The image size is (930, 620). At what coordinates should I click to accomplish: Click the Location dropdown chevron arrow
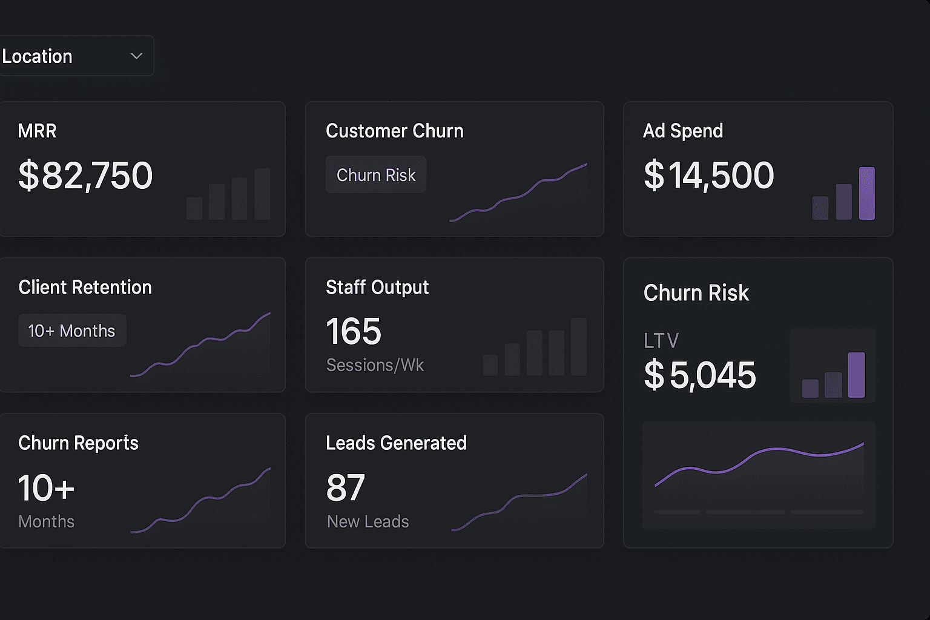[136, 56]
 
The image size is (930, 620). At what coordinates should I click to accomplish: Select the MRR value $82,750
[85, 176]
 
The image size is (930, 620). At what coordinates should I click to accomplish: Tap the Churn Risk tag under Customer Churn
[376, 175]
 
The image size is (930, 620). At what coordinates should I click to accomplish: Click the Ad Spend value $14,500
[708, 176]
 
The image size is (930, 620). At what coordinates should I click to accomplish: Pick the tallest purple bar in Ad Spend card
[866, 193]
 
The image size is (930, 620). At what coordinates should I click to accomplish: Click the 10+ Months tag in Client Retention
[72, 331]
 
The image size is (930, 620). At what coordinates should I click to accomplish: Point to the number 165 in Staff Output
[354, 332]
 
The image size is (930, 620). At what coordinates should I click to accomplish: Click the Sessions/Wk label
[375, 365]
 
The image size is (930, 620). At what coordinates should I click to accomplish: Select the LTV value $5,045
[699, 375]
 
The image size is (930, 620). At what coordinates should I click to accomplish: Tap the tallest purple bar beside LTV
[856, 375]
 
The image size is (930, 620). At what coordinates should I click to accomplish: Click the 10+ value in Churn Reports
[47, 488]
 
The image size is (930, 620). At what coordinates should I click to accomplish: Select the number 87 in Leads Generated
[346, 488]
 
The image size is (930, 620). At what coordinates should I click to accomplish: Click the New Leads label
[368, 521]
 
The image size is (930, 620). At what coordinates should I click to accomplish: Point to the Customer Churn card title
[394, 131]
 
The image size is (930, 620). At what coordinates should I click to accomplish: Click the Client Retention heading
[85, 287]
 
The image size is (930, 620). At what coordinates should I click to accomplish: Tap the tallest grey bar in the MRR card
[262, 194]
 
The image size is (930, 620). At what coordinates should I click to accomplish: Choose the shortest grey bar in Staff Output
[490, 365]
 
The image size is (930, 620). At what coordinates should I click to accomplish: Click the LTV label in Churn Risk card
[661, 341]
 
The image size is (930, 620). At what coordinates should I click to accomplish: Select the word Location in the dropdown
[38, 56]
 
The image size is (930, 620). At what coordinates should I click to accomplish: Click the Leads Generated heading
[396, 443]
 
